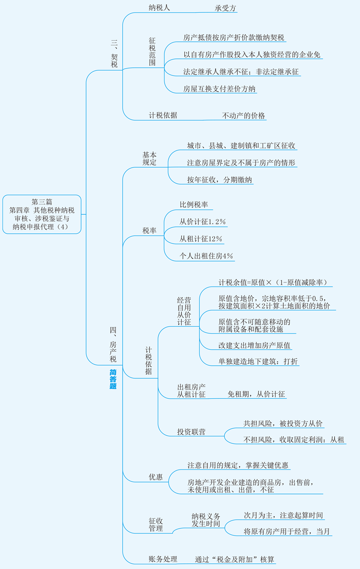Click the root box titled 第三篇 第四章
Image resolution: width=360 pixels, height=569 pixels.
click(42, 214)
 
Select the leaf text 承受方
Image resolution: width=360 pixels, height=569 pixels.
click(225, 8)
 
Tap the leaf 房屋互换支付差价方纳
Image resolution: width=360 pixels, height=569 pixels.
click(219, 89)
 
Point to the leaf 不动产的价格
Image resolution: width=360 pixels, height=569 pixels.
click(243, 115)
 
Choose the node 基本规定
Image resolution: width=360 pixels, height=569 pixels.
click(150, 159)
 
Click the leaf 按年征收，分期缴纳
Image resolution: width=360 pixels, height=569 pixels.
click(219, 180)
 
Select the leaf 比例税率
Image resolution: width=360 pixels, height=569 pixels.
click(194, 205)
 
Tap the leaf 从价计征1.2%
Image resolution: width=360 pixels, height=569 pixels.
click(203, 222)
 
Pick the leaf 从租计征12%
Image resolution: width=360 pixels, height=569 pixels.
click(201, 239)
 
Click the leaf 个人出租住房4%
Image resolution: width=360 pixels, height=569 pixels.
click(206, 256)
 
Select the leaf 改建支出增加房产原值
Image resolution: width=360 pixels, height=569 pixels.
click(255, 345)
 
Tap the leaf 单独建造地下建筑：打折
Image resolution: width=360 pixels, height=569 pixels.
click(258, 361)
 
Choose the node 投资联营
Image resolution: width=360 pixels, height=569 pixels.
click(191, 432)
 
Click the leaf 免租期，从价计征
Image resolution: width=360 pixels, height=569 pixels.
click(256, 394)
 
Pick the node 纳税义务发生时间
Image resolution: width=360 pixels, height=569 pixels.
click(206, 520)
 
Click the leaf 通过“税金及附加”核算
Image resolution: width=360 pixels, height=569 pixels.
click(234, 559)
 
